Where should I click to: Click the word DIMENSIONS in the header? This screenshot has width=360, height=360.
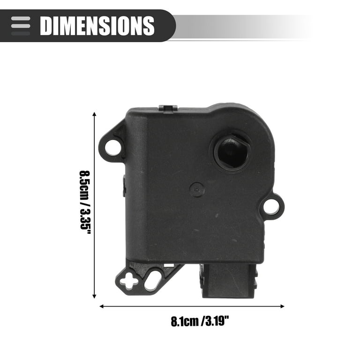click(x=97, y=25)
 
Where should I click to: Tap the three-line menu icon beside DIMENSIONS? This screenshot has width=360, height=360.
click(x=21, y=25)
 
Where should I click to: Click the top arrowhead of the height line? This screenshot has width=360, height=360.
click(x=95, y=114)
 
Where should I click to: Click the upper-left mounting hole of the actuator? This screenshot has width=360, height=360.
click(x=112, y=147)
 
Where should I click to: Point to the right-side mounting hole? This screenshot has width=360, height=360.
click(x=271, y=206)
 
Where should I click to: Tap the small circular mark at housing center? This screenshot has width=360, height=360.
click(x=196, y=189)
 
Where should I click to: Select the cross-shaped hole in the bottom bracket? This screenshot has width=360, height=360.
click(x=129, y=281)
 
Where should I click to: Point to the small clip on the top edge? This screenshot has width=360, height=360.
click(x=168, y=108)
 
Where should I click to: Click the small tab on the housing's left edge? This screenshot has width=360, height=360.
click(x=124, y=185)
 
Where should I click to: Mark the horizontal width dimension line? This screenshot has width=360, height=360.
click(x=192, y=306)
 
